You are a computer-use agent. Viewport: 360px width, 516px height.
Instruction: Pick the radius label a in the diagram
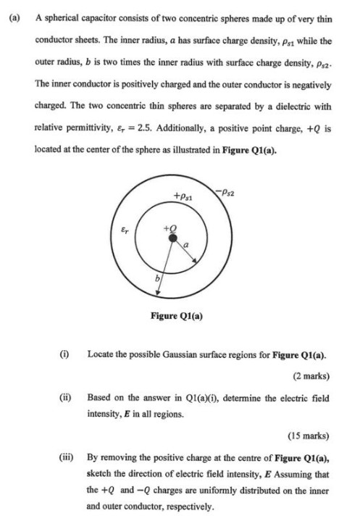click(x=186, y=246)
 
